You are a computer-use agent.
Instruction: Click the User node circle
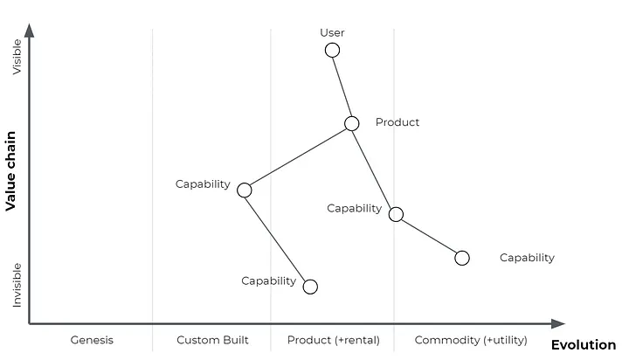(332, 50)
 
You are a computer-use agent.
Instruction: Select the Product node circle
(351, 123)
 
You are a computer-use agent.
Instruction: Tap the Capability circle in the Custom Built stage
(245, 190)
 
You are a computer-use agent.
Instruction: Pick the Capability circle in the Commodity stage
(462, 258)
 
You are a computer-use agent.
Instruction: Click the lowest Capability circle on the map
(309, 286)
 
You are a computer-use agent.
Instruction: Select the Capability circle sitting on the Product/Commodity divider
(396, 214)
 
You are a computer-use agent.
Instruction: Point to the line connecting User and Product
(342, 87)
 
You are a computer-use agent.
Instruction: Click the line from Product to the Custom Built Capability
(298, 156)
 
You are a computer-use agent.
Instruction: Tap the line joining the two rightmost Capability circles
(429, 236)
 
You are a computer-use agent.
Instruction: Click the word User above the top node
(332, 33)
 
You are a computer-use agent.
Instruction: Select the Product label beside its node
(397, 122)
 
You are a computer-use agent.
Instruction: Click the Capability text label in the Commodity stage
(527, 258)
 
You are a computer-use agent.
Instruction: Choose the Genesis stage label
(92, 340)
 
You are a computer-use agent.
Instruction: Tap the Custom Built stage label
(212, 340)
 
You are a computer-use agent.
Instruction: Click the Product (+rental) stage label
(334, 340)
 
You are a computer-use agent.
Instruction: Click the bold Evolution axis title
(583, 345)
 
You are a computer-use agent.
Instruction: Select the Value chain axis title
(11, 171)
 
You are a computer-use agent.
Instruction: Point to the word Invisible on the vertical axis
(17, 285)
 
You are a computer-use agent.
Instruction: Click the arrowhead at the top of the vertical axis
(30, 31)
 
